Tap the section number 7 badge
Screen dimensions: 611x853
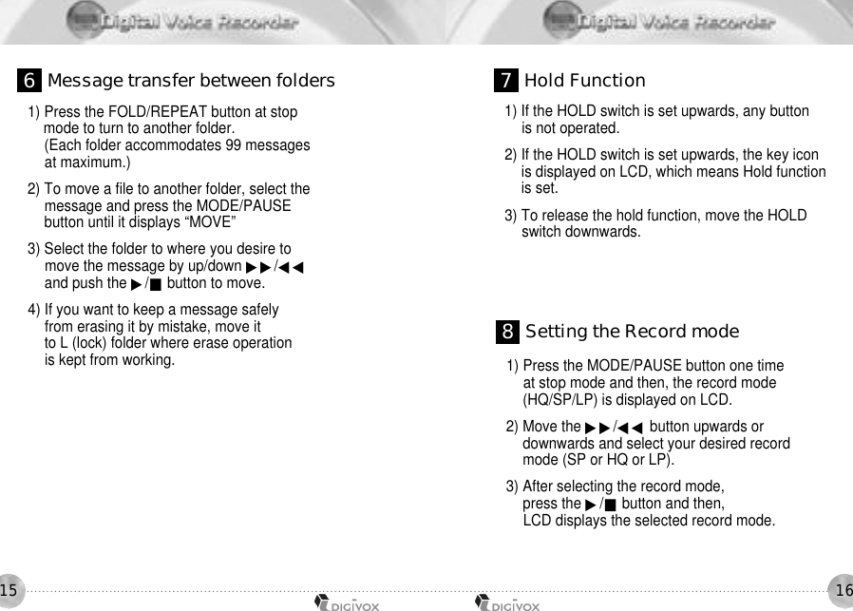coord(507,81)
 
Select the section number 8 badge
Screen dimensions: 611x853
coord(508,332)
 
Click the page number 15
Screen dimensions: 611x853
coord(9,591)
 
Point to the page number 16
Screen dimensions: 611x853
coord(843,591)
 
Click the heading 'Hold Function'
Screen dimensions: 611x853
coord(584,81)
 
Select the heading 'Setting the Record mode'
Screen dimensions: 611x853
coord(632,332)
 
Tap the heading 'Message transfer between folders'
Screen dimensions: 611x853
coord(191,81)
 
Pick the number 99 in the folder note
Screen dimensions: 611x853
coord(234,145)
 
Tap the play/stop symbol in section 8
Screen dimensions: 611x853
coord(601,504)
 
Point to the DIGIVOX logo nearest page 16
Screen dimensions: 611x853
coord(508,601)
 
